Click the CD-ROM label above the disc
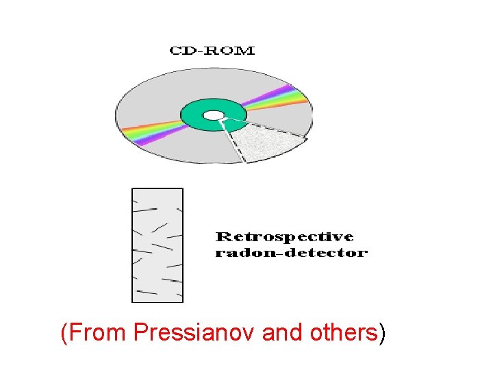(212, 50)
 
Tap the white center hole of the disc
(214, 115)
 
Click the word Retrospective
(284, 237)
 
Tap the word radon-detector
(291, 253)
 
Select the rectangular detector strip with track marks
(157, 245)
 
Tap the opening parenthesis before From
(64, 334)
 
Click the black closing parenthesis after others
(382, 334)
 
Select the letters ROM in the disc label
(230, 50)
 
